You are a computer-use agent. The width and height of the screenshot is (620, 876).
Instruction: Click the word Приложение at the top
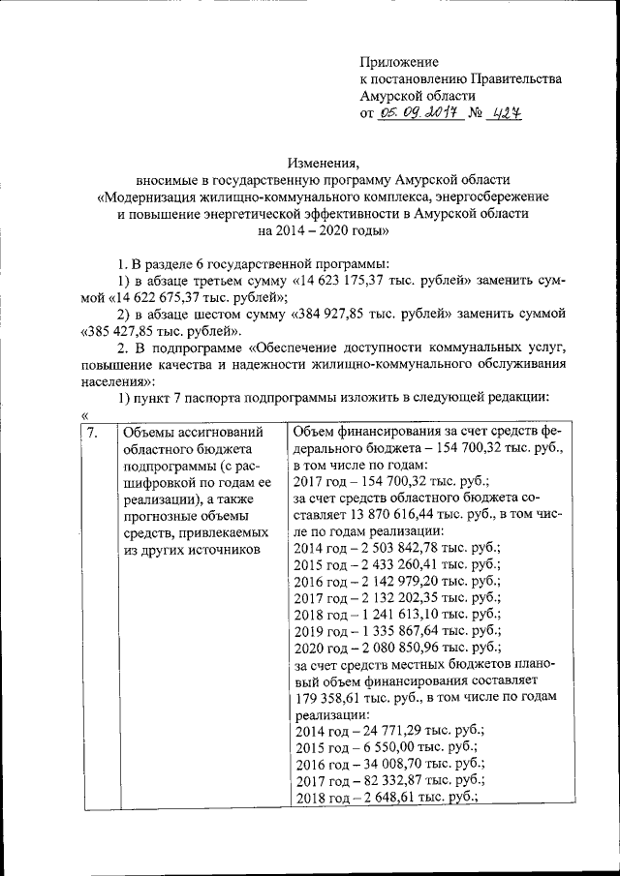399,62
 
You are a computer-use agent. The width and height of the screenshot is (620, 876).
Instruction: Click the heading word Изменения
324,162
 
